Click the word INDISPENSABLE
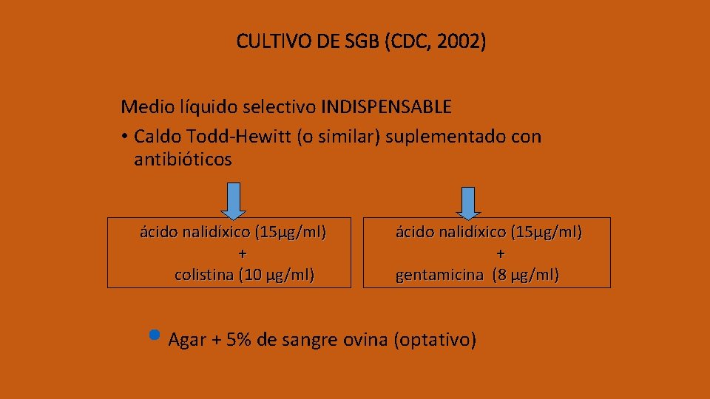pos(386,107)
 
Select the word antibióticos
pos(183,160)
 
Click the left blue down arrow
pos(234,201)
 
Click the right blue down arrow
pos(468,202)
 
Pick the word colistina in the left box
pos(203,276)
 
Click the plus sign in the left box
pos(243,254)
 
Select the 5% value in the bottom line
pos(240,341)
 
